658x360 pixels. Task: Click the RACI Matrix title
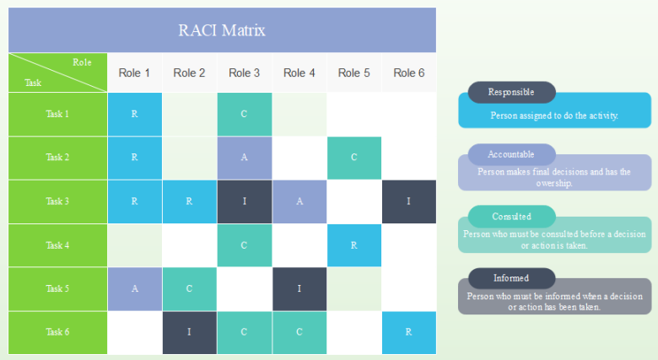click(x=222, y=31)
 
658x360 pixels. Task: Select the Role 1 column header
click(x=134, y=73)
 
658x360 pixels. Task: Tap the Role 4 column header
click(x=299, y=73)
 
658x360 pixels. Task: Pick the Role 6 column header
click(x=408, y=73)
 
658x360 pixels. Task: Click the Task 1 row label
click(x=57, y=114)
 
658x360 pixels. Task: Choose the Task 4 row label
click(x=57, y=245)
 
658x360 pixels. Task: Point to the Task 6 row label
click(x=57, y=332)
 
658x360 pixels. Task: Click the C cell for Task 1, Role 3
click(x=244, y=114)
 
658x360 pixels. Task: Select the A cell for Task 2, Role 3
click(x=244, y=158)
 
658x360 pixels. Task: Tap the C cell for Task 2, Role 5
click(x=353, y=158)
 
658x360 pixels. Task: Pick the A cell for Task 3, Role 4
click(x=299, y=201)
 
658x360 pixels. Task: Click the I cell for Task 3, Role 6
click(x=408, y=201)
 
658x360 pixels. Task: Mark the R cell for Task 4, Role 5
click(x=353, y=245)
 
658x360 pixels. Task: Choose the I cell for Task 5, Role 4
click(x=299, y=288)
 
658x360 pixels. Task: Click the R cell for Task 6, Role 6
click(x=408, y=332)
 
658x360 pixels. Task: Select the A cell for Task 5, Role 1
click(x=134, y=288)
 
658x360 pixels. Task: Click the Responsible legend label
click(x=511, y=92)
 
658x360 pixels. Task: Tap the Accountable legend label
click(x=511, y=154)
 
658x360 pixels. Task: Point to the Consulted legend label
click(x=511, y=217)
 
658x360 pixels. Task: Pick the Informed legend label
click(x=511, y=278)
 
